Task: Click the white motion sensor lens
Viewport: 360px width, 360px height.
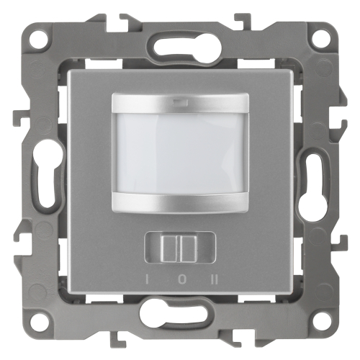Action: point(181,153)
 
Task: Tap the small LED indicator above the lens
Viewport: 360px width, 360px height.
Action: point(178,104)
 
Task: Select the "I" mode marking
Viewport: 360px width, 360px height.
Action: point(145,280)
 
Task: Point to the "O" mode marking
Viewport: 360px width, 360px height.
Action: point(181,280)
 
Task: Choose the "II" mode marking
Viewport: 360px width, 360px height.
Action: point(214,280)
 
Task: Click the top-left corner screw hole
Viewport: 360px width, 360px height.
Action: point(39,39)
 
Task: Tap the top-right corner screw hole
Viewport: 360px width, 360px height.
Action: point(322,39)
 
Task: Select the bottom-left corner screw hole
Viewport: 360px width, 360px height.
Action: point(39,322)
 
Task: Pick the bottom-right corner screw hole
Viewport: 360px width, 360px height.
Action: point(322,322)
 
